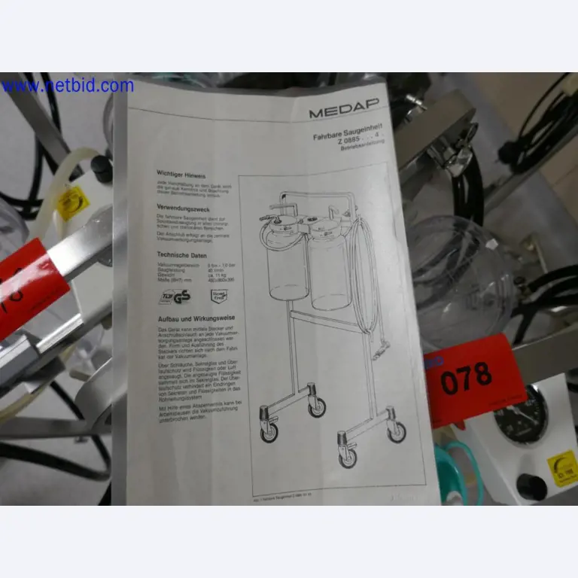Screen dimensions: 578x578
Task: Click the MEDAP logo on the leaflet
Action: click(343, 112)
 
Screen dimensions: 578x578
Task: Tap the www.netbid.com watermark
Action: click(67, 86)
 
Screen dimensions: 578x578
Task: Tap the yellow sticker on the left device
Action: click(73, 203)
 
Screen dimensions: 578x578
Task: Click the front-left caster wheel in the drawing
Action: click(269, 430)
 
